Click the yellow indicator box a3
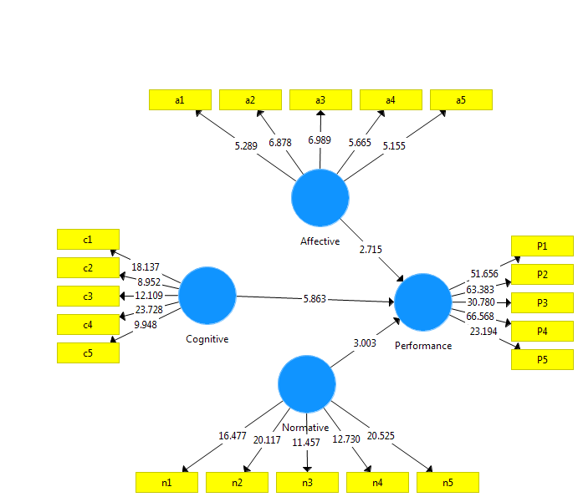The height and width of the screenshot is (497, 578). click(x=320, y=100)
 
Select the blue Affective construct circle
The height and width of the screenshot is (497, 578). click(x=320, y=198)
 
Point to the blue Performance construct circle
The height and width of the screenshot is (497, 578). click(x=423, y=302)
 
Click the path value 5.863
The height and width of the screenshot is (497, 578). click(x=316, y=298)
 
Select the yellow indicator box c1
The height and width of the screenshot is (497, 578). click(x=88, y=240)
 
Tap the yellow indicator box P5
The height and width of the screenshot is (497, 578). click(x=542, y=360)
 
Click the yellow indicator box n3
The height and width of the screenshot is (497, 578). click(x=308, y=483)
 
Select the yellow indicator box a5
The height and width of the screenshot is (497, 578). click(x=461, y=100)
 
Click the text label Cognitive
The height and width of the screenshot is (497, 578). click(x=207, y=339)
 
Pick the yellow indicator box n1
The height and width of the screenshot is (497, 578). click(x=167, y=483)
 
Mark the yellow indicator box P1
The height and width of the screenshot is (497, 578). click(x=542, y=246)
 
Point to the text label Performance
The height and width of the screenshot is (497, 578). click(x=423, y=345)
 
